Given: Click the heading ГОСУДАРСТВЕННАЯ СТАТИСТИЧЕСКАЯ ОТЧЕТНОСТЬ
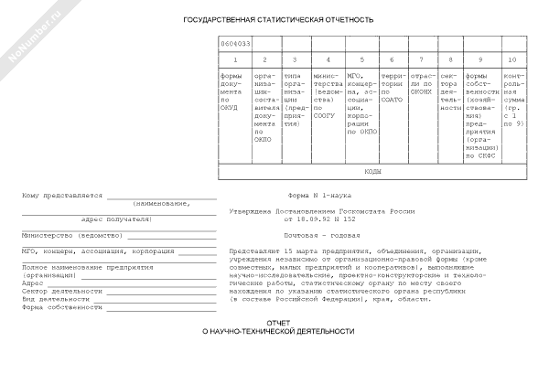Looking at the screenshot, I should click(278, 19).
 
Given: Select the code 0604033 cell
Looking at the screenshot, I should click(233, 43).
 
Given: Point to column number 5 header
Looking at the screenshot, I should click(361, 59).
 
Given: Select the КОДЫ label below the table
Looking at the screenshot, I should click(372, 172).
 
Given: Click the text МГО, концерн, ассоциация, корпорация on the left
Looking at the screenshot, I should click(87, 250).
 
